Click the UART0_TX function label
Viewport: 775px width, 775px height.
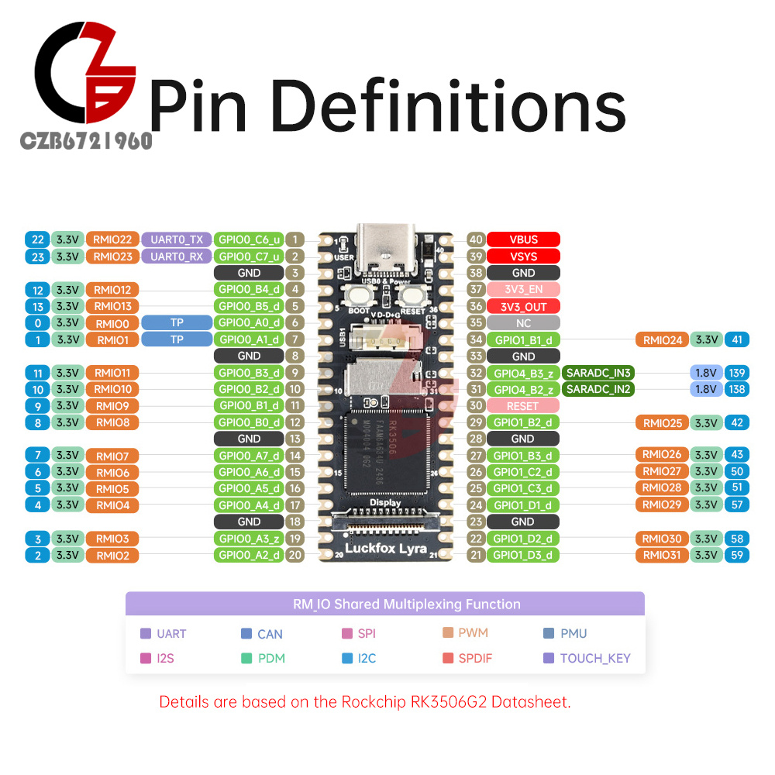coord(176,239)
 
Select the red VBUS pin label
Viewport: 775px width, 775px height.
coord(523,239)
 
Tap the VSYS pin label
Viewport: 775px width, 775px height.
coord(523,257)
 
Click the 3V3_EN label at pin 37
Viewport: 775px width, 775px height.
coord(523,289)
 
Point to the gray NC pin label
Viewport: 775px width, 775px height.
coord(523,322)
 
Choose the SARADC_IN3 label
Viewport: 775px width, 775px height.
coord(598,373)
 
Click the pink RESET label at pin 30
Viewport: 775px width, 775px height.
coord(523,405)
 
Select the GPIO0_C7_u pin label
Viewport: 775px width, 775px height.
coord(249,257)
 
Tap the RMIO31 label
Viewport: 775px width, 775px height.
coord(661,555)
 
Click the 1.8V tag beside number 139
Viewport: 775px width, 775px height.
coord(705,373)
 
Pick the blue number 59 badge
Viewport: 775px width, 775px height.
coord(736,555)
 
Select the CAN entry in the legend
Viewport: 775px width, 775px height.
coord(270,634)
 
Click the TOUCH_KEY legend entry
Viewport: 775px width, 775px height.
coord(595,659)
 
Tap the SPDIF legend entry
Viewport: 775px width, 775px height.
coord(474,659)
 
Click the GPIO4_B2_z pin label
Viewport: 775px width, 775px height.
coord(523,389)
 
